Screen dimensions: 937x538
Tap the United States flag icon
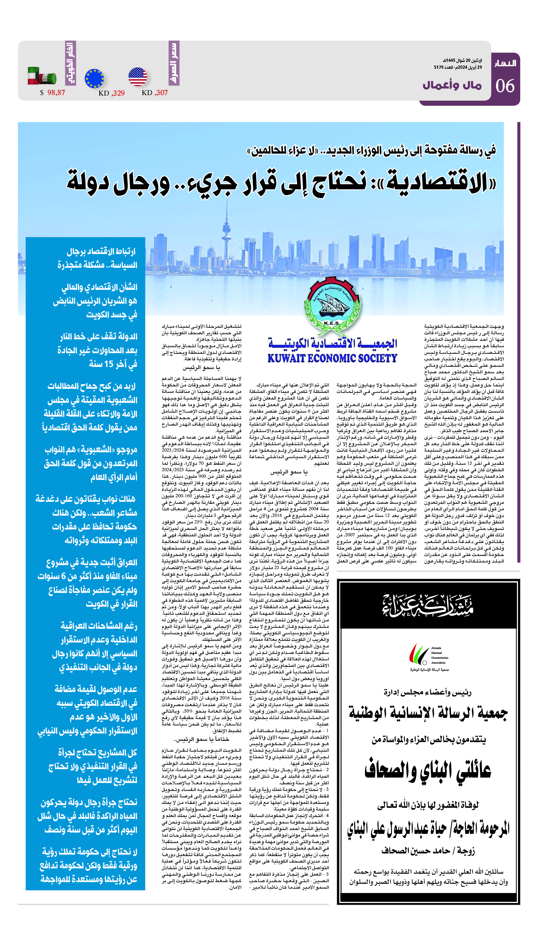coord(138,77)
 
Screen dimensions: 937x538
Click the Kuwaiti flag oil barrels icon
coord(42,76)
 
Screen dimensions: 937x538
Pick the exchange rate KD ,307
coord(154,93)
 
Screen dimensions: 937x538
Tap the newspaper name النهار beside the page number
coord(505,64)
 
